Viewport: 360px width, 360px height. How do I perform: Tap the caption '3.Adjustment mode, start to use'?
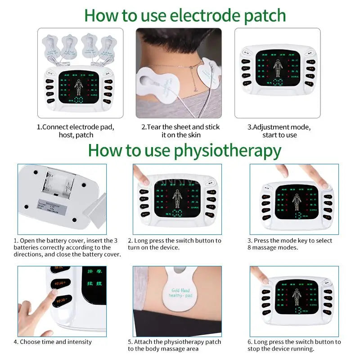[x=279, y=131]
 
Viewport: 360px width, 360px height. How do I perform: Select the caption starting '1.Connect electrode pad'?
[x=76, y=131]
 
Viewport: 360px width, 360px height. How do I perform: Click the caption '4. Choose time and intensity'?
[x=53, y=342]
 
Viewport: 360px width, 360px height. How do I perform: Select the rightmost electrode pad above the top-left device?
[x=107, y=46]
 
